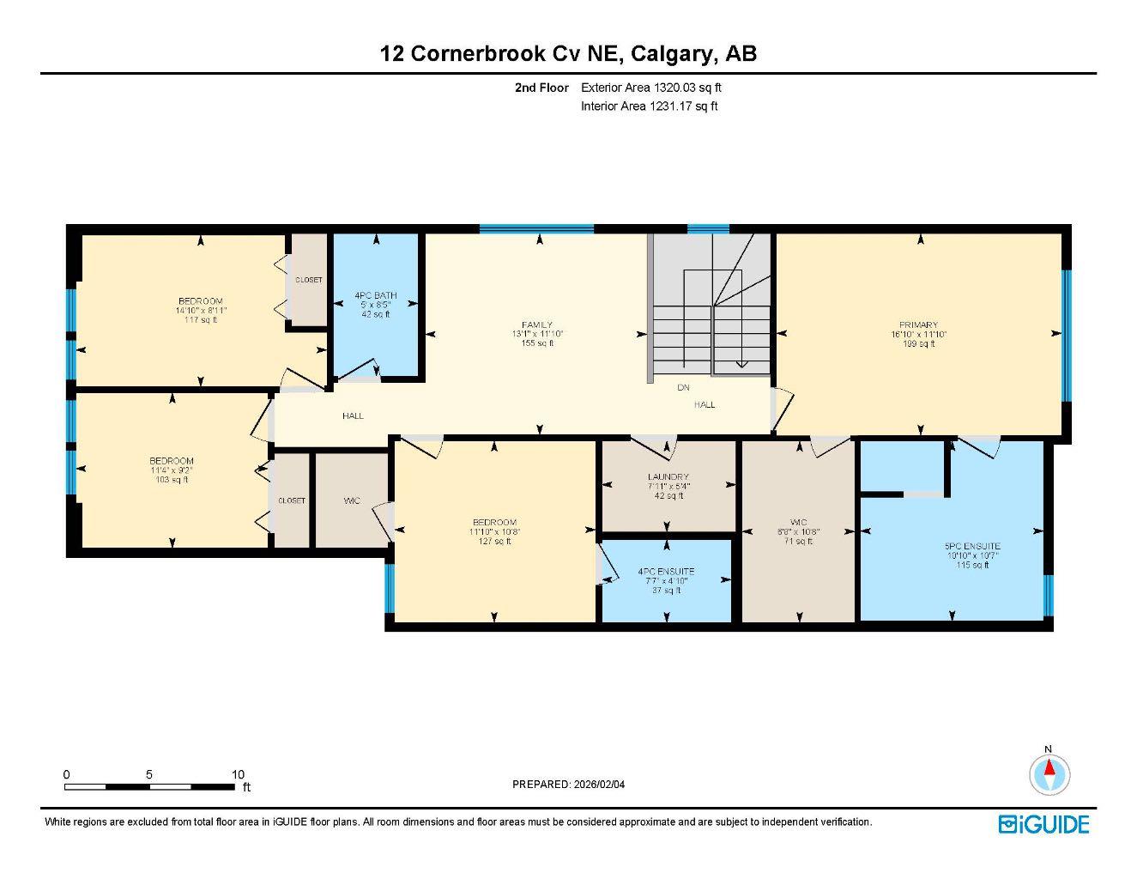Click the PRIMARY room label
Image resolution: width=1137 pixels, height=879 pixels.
(x=919, y=325)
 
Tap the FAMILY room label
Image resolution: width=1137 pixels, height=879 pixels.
(x=537, y=324)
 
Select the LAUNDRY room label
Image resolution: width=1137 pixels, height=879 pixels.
(x=668, y=477)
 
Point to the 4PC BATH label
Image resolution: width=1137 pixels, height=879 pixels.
(x=376, y=296)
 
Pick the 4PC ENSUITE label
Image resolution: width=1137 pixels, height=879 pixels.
(x=666, y=572)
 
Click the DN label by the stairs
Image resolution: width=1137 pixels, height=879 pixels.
(x=683, y=388)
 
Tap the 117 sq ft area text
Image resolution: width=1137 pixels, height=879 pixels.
(x=201, y=320)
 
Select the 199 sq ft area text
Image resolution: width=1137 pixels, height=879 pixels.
(x=919, y=344)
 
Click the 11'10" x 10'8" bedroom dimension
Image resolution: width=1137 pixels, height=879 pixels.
(x=494, y=532)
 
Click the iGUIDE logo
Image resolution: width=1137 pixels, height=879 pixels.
(x=1043, y=824)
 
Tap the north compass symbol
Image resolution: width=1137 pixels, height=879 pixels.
(x=1049, y=773)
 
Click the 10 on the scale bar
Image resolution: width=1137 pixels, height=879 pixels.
(x=238, y=774)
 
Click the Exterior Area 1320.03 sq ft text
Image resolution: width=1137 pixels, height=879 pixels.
(x=650, y=88)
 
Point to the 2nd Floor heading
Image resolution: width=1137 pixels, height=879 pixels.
(x=541, y=88)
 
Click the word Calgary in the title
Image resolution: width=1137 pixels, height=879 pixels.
(x=673, y=53)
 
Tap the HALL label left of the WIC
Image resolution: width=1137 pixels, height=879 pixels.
(x=353, y=415)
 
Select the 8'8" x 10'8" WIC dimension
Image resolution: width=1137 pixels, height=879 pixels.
(x=799, y=531)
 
